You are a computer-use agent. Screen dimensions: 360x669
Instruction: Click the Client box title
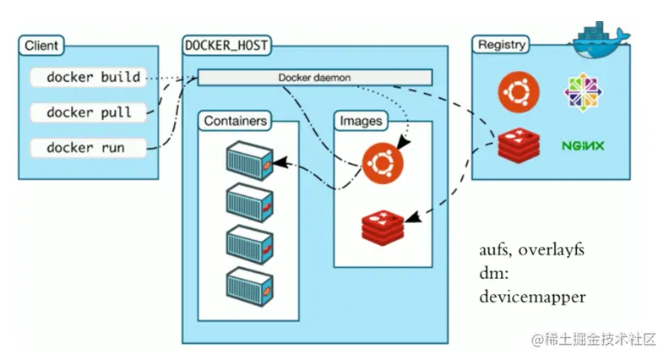(x=41, y=46)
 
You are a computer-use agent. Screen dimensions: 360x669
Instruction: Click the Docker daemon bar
(x=314, y=78)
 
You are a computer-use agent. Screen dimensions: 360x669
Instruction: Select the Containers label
(x=236, y=121)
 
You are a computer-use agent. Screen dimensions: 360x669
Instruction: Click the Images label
(x=361, y=121)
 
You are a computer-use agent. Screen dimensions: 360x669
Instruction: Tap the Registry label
(x=502, y=45)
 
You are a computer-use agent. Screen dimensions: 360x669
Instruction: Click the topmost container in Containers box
(x=249, y=160)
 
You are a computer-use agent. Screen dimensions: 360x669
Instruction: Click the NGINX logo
(x=583, y=145)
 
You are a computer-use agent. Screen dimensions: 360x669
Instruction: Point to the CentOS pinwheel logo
(x=582, y=91)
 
